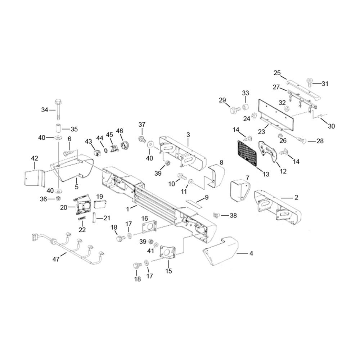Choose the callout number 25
(x=277, y=73)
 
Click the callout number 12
(x=283, y=171)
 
